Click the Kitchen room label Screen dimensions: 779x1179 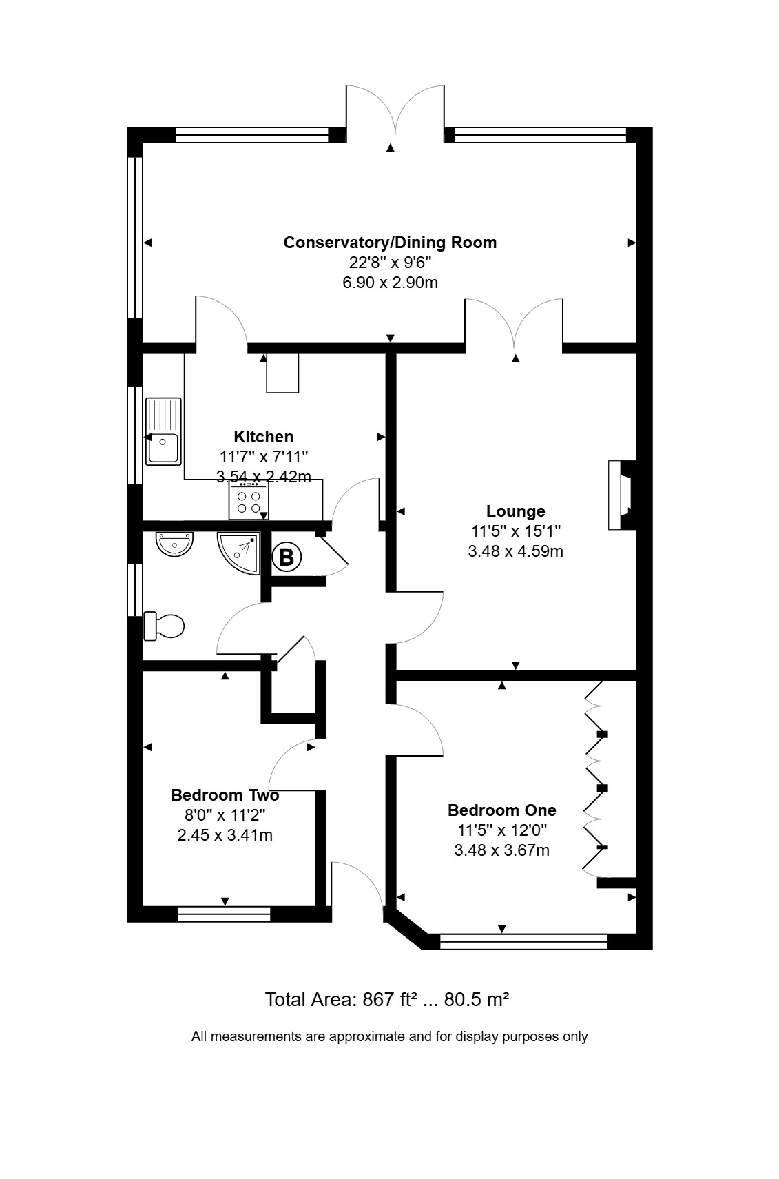point(264,436)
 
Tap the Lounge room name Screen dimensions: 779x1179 point(515,511)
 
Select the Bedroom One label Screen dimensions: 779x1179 point(502,810)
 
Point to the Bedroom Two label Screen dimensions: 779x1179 point(225,794)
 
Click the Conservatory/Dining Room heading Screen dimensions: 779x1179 point(390,243)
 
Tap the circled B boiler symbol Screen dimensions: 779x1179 point(287,556)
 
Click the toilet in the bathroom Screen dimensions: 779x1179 point(164,626)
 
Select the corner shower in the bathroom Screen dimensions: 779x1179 point(239,553)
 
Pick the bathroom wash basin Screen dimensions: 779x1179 point(175,544)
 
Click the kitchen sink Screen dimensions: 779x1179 point(163,431)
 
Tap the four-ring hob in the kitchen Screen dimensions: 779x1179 point(249,502)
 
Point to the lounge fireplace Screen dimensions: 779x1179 point(622,495)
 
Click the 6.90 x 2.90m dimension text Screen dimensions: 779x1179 point(390,283)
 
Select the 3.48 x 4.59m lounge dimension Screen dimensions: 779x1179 point(515,551)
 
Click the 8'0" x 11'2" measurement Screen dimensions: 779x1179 point(225,814)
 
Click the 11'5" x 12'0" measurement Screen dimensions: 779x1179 point(502,830)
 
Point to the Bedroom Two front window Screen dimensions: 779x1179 point(224,914)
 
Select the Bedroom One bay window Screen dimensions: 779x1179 point(523,942)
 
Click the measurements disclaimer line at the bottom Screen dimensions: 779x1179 point(389,1036)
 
